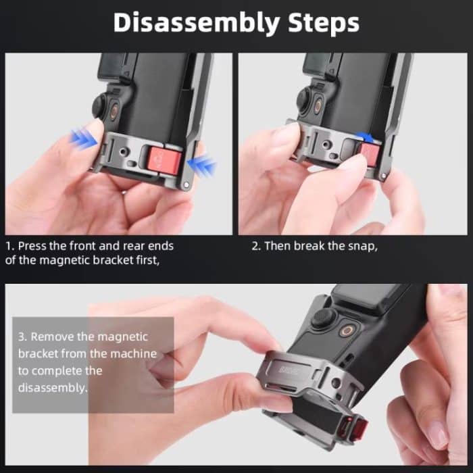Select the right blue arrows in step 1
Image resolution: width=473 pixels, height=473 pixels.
203,165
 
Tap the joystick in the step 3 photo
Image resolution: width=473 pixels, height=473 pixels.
324,319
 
